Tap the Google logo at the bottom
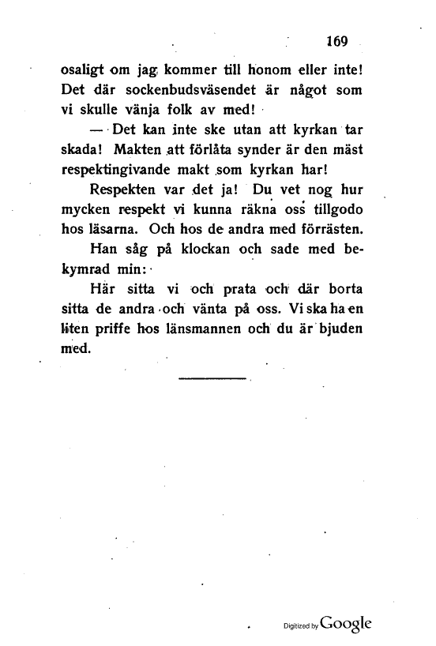tap(344, 621)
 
